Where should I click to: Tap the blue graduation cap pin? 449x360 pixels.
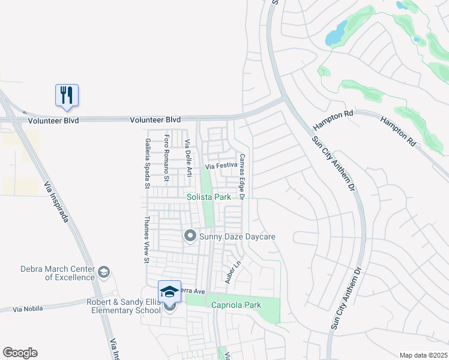(169, 292)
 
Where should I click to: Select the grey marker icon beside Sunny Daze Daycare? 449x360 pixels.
(190, 236)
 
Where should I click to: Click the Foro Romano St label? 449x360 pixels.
(167, 159)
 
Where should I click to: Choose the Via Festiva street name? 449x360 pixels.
(221, 166)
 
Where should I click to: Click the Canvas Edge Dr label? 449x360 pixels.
(243, 176)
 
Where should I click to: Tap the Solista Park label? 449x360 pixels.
(208, 197)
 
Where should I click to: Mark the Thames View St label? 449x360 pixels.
(146, 239)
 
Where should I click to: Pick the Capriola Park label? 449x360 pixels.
(236, 305)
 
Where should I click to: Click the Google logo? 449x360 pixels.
(20, 353)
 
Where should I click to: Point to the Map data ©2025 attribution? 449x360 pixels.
(423, 355)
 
